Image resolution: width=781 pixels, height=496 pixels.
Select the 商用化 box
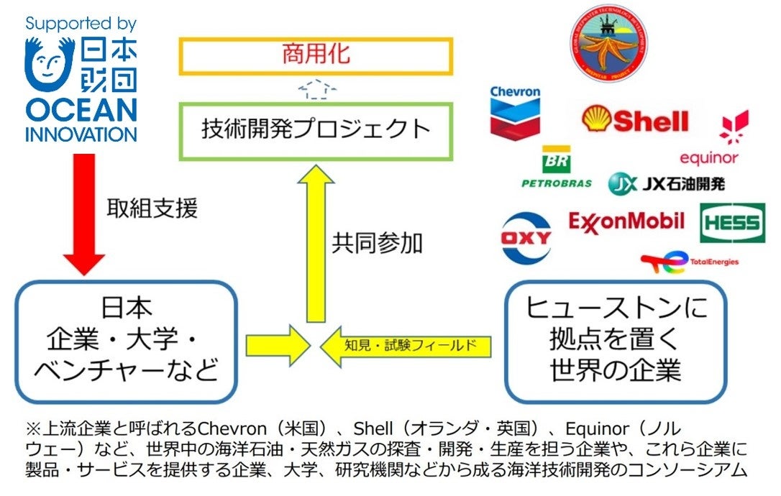pos(316,56)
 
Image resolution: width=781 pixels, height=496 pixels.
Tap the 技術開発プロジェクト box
pos(316,129)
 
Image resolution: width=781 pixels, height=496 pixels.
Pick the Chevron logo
pos(515,111)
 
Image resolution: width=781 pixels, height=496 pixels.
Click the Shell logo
pos(634,120)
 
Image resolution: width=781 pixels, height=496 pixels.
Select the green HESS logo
pos(732,223)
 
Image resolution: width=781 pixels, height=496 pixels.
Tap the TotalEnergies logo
pos(688,263)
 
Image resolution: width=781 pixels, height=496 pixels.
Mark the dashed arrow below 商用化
pos(316,88)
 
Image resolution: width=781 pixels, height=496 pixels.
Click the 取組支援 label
pos(152,208)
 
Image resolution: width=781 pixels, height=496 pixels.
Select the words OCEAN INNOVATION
pos(81,120)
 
